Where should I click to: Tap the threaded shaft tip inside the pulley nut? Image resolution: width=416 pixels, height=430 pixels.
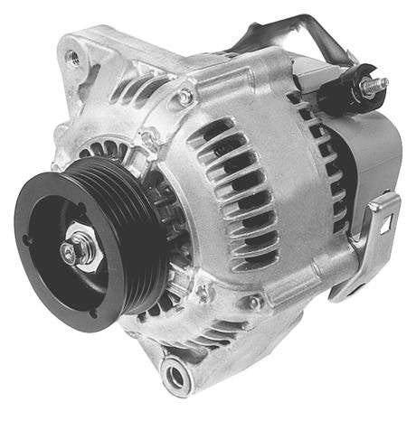tap(69, 253)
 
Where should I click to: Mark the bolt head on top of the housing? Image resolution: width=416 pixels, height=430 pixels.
tap(185, 96)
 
